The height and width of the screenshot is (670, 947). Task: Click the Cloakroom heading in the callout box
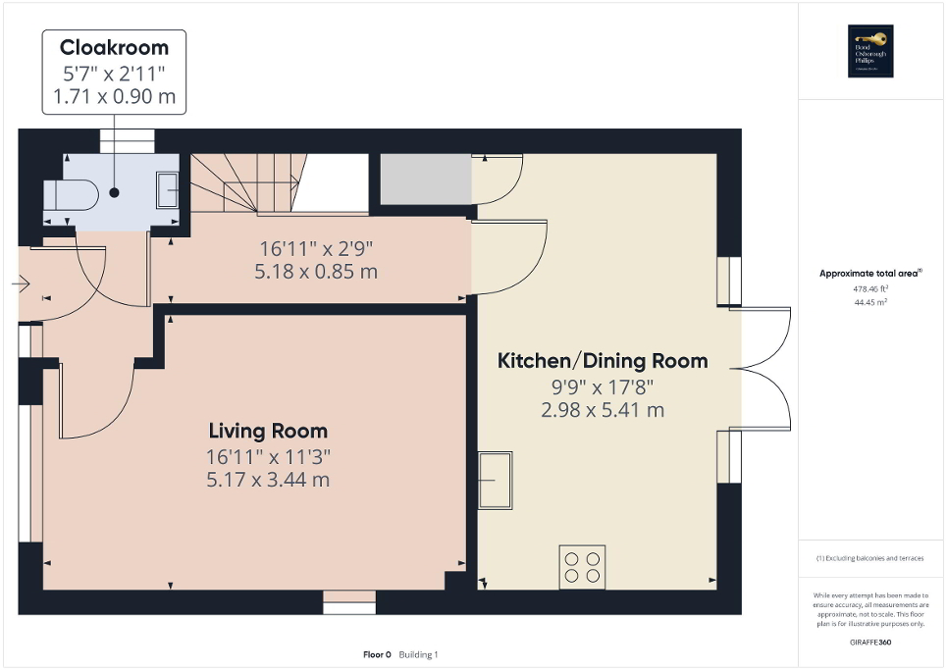coord(114,47)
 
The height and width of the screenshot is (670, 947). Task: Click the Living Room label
coord(268,431)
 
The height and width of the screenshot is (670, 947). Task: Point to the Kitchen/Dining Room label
coord(603,361)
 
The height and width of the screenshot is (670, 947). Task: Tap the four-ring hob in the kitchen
coord(582,567)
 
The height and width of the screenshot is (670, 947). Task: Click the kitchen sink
coord(495,480)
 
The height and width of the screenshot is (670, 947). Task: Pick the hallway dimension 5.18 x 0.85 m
coord(315,272)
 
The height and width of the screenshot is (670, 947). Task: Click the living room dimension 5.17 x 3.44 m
coord(268,480)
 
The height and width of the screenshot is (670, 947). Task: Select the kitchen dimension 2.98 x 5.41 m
coord(603,409)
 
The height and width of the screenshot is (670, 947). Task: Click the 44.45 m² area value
coord(871,303)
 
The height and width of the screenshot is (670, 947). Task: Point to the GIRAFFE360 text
coord(871,640)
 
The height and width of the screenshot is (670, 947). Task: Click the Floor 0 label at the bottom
coord(376,654)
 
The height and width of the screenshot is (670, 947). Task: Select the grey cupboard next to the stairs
coord(425,179)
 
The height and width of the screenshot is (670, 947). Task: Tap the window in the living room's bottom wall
coord(348,601)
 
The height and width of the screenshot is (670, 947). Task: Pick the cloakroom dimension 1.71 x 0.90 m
coord(114,97)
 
